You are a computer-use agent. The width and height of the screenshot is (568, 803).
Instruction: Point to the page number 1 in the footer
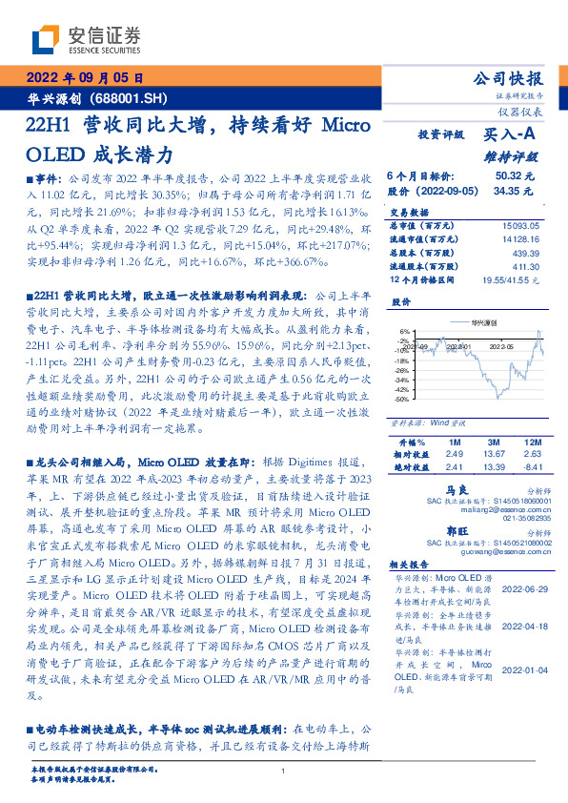click(x=284, y=771)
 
